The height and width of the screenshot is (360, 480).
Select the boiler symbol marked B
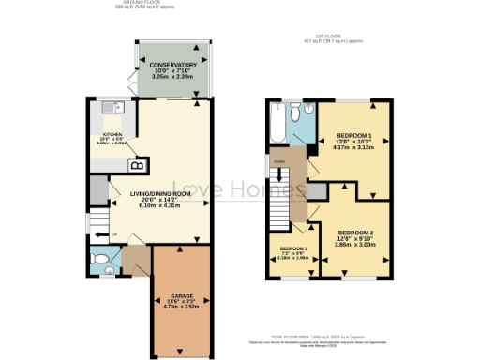[x=137, y=166]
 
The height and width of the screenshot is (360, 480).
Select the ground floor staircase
[x=102, y=225]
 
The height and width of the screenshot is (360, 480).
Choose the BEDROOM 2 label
[x=356, y=232]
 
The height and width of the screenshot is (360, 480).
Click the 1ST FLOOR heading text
[x=325, y=38]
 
